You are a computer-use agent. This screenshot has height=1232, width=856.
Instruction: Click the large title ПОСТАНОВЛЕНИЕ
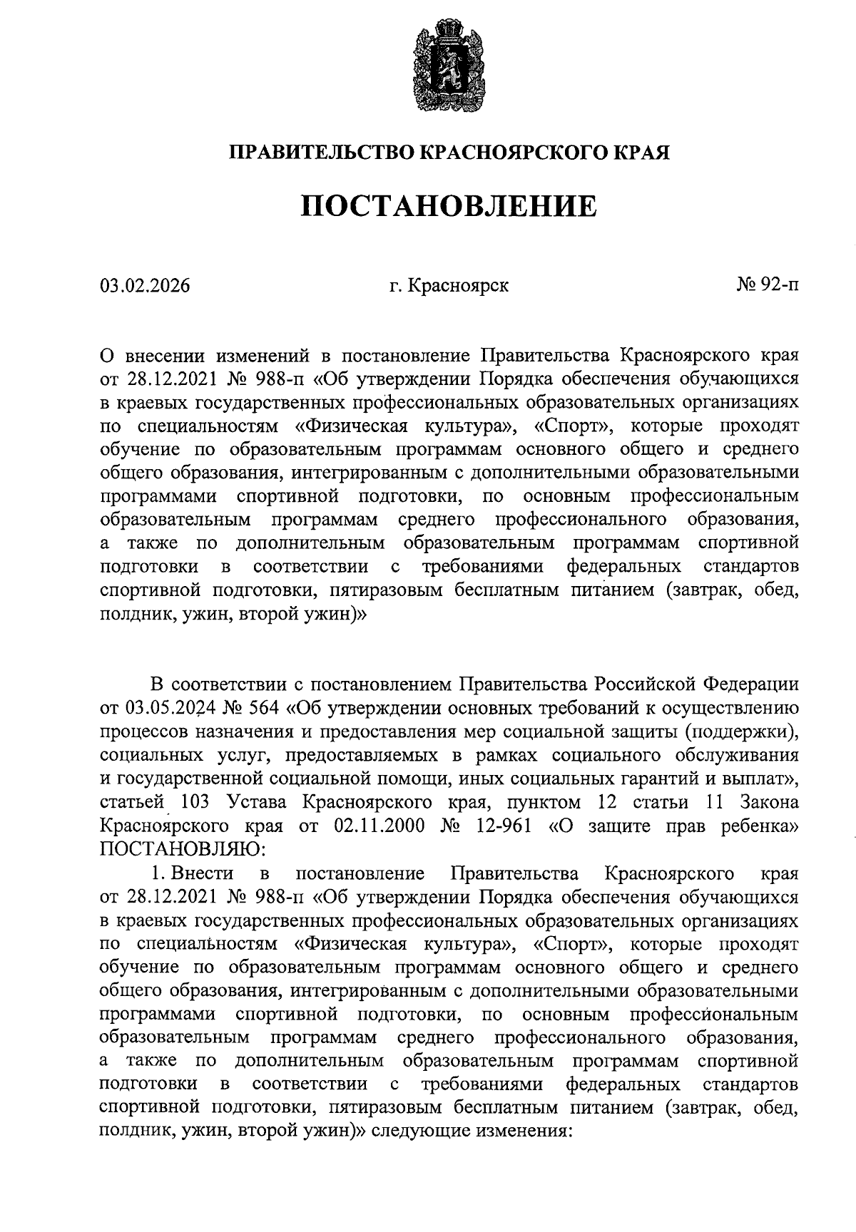449,206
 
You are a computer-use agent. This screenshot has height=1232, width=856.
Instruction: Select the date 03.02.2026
146,286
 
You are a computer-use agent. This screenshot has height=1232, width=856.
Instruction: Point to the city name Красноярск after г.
459,286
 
